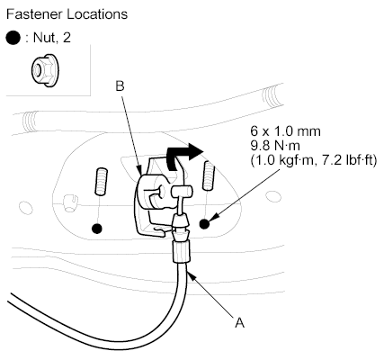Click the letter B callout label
(120, 86)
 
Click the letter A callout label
(239, 323)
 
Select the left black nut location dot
(97, 229)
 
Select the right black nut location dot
(204, 223)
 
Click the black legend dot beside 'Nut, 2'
(13, 38)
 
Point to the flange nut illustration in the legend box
(45, 70)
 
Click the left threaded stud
(102, 181)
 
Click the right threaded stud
(208, 175)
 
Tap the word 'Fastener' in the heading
(34, 14)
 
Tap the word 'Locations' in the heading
(97, 14)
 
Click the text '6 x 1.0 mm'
(285, 131)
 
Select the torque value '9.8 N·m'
(275, 146)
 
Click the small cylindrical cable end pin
(182, 191)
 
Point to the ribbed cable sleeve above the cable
(181, 251)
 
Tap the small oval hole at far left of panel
(25, 208)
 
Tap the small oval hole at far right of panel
(272, 195)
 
